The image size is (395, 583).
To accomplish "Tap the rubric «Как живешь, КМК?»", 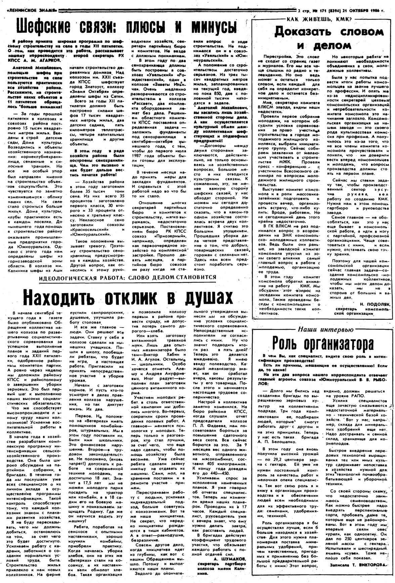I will tap(319, 19).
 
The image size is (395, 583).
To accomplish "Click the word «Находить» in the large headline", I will tap(60, 296).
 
